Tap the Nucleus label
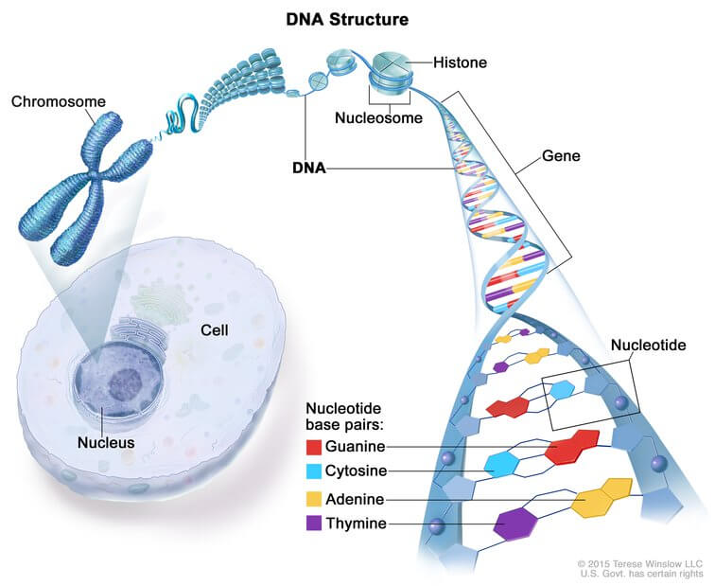[106, 442]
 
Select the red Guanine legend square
[313, 447]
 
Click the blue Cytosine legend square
[313, 471]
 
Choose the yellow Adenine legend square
[313, 498]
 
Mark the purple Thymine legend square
[313, 524]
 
